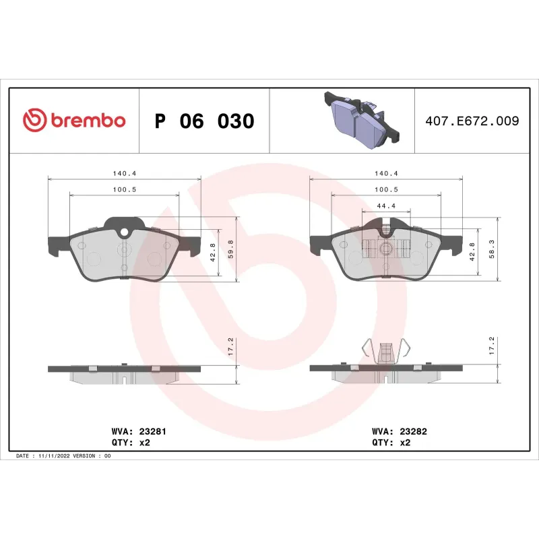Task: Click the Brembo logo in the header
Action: point(74,121)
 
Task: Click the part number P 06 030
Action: point(204,121)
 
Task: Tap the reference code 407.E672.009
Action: point(472,121)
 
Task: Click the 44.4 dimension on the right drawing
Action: point(385,206)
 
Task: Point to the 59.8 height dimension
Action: point(230,249)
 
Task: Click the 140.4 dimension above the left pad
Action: point(125,173)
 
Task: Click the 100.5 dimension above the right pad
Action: point(385,190)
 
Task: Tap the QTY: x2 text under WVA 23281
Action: point(129,443)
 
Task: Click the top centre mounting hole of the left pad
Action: point(124,232)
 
